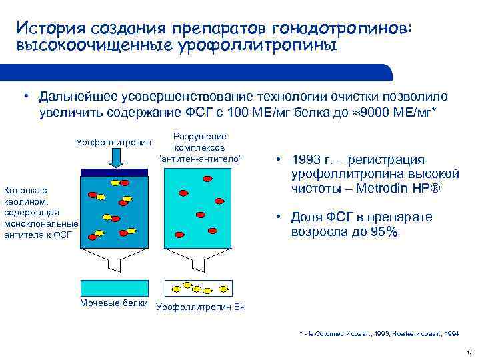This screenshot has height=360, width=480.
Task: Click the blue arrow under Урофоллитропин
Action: click(115, 158)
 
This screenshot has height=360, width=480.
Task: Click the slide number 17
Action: click(469, 351)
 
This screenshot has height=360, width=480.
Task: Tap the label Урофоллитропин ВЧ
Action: click(201, 307)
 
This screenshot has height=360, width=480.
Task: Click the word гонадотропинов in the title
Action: click(344, 29)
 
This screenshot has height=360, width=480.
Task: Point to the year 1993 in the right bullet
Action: click(307, 160)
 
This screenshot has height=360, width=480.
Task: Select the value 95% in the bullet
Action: click(383, 232)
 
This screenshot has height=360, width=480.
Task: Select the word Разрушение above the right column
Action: click(199, 135)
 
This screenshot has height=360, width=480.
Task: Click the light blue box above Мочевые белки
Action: click(115, 287)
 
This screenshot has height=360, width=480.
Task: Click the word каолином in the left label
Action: click(26, 201)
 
